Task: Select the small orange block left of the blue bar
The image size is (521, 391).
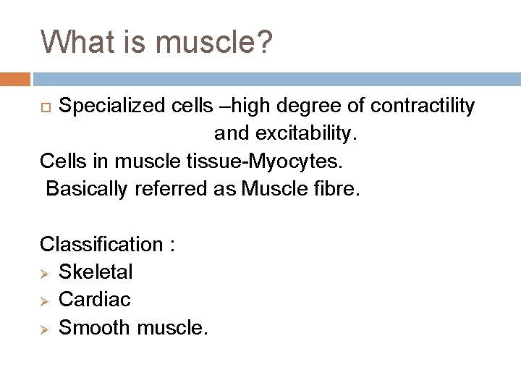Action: [x=15, y=79]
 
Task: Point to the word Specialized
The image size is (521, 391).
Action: [x=109, y=106]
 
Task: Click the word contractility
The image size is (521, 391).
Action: [x=423, y=106]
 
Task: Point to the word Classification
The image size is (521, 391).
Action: [x=101, y=244]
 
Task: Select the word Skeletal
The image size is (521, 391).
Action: [x=96, y=272]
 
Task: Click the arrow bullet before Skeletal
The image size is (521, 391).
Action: [x=46, y=272]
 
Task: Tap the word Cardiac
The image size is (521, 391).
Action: [x=93, y=299]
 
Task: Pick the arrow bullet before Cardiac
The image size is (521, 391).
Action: [x=46, y=300]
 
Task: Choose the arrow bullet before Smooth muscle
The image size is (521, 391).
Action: [x=46, y=327]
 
